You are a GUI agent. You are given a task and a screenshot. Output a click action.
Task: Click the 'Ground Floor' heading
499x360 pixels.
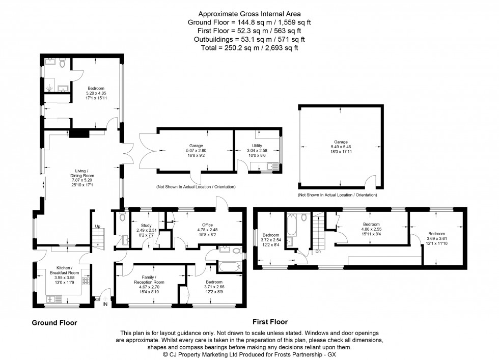(x=54, y=322)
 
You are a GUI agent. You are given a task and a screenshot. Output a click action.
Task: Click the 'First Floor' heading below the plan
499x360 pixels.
(x=270, y=322)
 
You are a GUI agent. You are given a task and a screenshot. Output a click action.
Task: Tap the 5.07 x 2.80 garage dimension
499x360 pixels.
(x=196, y=151)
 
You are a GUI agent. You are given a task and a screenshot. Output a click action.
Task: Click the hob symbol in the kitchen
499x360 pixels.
(x=86, y=281)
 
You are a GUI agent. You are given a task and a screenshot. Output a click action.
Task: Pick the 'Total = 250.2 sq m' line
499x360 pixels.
(x=249, y=47)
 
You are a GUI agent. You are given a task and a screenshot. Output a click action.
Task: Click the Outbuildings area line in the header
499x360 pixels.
(x=249, y=39)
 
